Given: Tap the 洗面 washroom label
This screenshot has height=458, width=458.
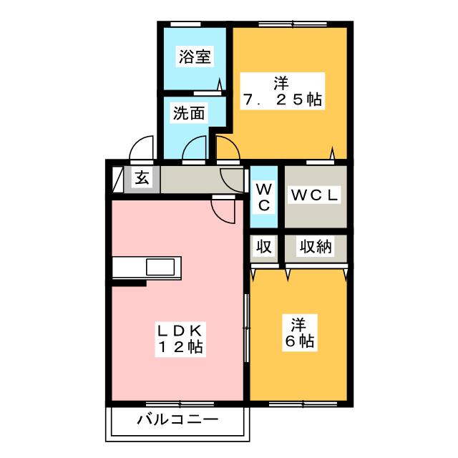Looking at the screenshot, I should click(188, 112).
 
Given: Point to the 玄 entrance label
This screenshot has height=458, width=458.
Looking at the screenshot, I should click(142, 178).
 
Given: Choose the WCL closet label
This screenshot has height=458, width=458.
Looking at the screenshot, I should click(315, 195).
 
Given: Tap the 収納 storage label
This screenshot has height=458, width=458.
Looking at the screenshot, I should click(315, 247).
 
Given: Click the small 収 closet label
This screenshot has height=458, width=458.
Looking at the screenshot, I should click(264, 247).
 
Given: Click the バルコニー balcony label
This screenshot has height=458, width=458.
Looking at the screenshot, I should click(178, 419).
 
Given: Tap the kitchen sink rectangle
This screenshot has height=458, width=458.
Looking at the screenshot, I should click(160, 268).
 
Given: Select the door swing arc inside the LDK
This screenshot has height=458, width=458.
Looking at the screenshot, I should click(223, 209).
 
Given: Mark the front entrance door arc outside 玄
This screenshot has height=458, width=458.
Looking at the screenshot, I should click(140, 148).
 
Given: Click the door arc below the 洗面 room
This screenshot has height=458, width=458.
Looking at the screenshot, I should click(193, 150).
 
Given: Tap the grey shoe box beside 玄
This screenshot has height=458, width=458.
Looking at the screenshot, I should click(118, 177).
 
